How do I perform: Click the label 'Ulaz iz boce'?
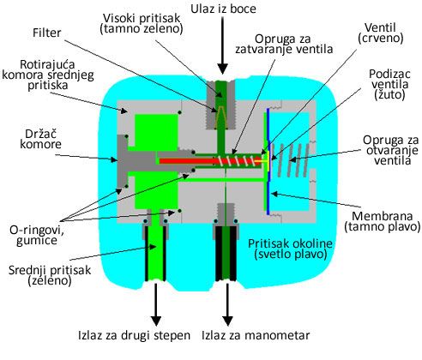[223, 9]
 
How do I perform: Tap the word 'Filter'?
[47, 33]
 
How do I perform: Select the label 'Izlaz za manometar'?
[256, 335]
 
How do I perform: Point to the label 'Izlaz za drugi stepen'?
[134, 335]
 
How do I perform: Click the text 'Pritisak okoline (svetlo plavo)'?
[290, 249]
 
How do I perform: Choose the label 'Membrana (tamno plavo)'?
[383, 221]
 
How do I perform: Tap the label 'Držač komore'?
[40, 139]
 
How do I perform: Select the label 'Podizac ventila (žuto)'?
[389, 84]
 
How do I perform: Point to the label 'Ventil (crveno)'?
[381, 33]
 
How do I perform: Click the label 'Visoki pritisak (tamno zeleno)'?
[142, 23]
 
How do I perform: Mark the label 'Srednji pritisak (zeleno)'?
[50, 275]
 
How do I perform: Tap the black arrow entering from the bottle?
[223, 45]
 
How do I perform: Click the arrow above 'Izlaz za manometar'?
[227, 304]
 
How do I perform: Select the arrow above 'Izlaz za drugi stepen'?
[156, 304]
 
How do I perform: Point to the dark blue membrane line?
[268, 161]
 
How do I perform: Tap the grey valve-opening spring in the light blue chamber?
[291, 159]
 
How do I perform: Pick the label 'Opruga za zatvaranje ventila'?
[284, 44]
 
